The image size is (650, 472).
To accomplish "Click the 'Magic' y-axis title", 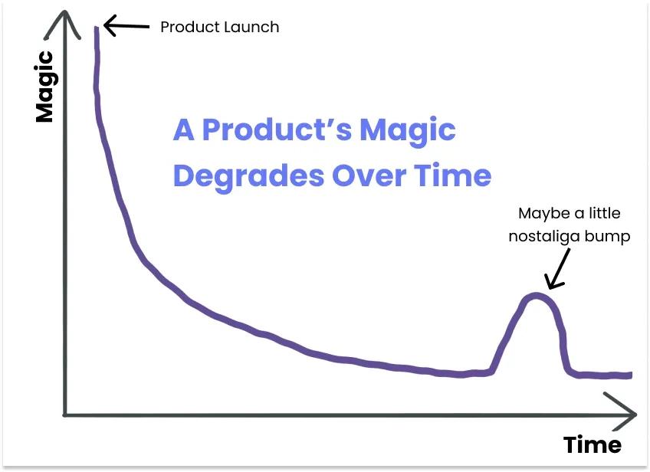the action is [44, 87].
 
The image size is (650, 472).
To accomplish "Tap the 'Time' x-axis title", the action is [593, 445].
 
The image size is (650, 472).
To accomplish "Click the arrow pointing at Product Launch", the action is [126, 26].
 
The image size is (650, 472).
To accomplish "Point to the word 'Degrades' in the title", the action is [248, 176].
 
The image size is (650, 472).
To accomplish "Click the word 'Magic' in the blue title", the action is [408, 130].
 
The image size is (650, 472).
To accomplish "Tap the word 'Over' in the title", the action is [369, 175].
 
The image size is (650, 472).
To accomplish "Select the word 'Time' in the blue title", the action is [453, 175].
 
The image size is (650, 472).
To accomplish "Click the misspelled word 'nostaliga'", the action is [544, 237].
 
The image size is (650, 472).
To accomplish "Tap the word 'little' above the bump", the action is [605, 213].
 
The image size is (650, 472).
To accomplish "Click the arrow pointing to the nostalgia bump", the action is [558, 268].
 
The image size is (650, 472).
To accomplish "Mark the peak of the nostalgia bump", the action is [536, 295].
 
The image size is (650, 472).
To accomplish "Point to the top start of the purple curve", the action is [96, 28].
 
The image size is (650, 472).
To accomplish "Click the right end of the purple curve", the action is [631, 375].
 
